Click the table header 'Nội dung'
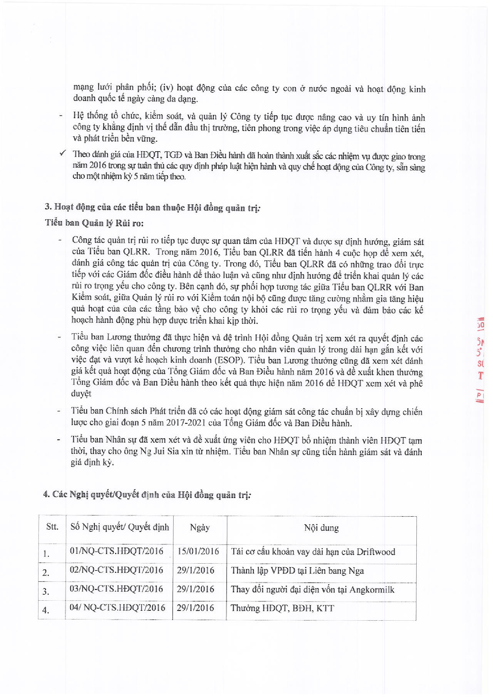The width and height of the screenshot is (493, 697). click(x=321, y=528)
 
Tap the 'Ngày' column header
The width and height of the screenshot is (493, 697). click(x=200, y=527)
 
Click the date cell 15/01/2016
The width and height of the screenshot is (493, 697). click(x=198, y=551)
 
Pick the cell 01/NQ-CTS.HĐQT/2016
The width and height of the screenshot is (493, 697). click(x=117, y=550)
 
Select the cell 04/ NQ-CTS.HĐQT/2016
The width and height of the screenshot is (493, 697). click(x=117, y=607)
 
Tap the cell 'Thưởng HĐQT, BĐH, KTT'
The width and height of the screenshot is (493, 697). click(x=282, y=608)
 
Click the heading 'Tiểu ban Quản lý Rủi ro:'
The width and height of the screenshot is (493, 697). click(x=95, y=223)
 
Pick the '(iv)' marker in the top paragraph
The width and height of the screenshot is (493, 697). click(x=167, y=88)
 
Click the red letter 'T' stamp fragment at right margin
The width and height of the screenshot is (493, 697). click(x=480, y=376)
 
